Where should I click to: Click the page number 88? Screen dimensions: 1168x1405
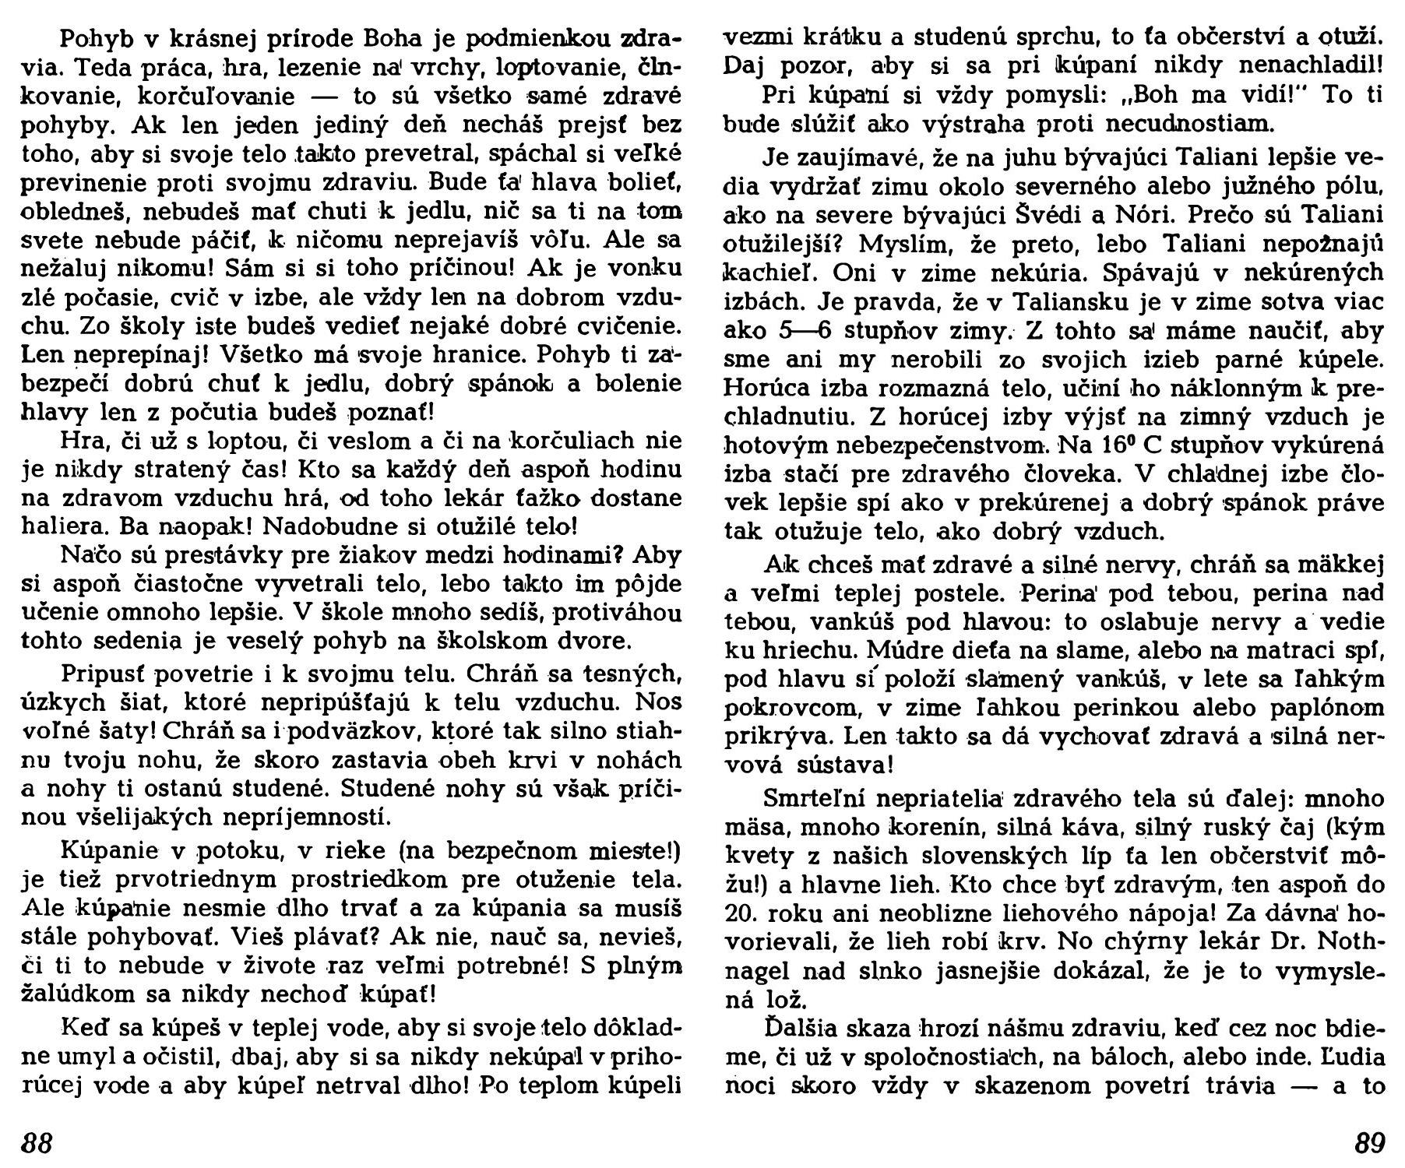[x=36, y=1144]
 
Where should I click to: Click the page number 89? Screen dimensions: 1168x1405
[x=1370, y=1144]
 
